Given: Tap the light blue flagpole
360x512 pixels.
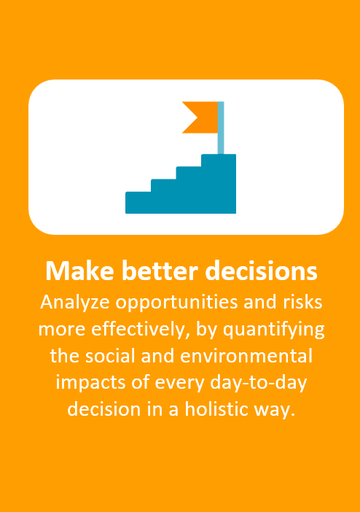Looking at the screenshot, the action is pos(221,128).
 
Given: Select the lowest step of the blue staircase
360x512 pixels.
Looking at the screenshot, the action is pos(138,203).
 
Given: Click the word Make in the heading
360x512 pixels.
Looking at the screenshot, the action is pos(79,271).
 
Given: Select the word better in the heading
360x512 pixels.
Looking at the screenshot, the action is pos(160,271).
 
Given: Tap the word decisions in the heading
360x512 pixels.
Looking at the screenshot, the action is pos(261,271).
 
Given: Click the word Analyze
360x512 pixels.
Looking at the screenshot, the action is pos(75,303).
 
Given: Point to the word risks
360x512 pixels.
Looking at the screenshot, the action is pos(302,302).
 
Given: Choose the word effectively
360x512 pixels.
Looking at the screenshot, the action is pos(138,330).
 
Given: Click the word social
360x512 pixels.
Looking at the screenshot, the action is pos(110,356).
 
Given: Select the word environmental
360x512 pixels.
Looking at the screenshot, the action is pos(246,356).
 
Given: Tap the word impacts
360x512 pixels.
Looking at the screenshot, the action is pos(90,383).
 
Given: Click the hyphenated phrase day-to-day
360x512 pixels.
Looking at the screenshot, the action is pos(259,383).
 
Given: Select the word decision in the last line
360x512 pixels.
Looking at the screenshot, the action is pos(103,409).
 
